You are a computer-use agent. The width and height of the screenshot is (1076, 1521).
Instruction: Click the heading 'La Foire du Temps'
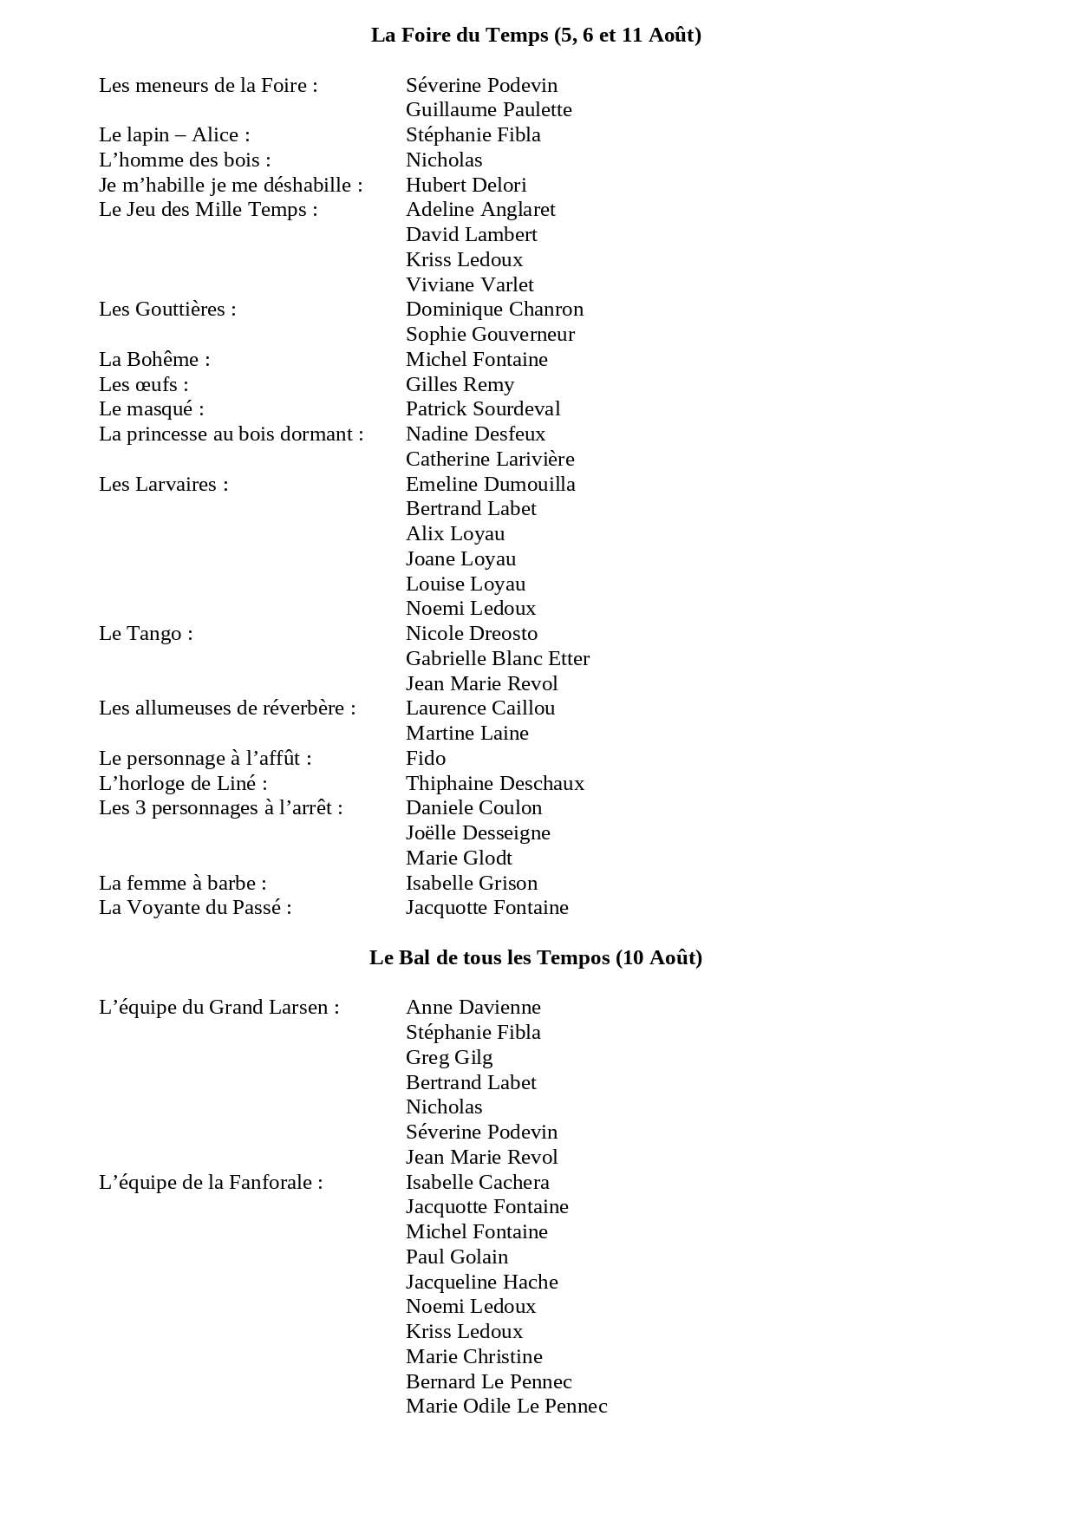point(536,35)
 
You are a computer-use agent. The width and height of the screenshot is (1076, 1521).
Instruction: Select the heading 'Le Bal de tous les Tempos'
point(536,957)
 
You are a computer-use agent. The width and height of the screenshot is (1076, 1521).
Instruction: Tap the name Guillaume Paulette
point(488,109)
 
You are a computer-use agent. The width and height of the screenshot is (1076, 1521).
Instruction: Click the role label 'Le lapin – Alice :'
point(174,134)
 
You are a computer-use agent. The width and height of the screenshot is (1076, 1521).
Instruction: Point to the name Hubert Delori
point(466,185)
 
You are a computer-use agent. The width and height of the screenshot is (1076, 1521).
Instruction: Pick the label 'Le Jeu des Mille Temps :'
point(208,209)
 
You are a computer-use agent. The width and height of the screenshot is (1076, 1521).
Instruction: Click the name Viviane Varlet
point(469,284)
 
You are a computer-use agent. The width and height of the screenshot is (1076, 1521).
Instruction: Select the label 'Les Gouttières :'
point(167,309)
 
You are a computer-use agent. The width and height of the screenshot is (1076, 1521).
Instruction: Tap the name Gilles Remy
point(460,384)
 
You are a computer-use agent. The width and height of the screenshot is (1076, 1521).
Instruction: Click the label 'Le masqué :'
point(152,408)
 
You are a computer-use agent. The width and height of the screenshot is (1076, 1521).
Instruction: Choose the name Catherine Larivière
point(490,459)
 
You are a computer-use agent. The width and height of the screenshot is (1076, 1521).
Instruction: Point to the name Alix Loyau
point(455,533)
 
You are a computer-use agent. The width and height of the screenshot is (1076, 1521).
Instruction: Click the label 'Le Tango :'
point(146,633)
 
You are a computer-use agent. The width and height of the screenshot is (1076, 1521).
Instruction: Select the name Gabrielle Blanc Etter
point(497,658)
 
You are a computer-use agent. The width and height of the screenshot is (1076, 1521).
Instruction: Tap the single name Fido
point(426,758)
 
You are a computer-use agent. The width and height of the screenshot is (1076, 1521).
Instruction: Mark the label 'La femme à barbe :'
point(183,883)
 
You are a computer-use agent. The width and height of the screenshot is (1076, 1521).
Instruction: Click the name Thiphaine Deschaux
point(495,783)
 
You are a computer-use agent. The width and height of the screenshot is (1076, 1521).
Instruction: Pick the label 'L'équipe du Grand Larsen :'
point(219,1007)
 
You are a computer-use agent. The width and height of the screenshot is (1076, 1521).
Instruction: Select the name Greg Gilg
point(449,1057)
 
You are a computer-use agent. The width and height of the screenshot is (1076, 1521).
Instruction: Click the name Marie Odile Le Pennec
point(506,1406)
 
